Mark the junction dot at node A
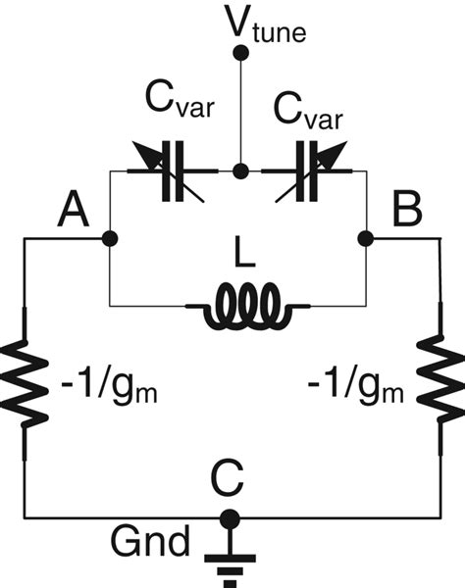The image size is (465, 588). click(109, 238)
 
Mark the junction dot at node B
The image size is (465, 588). click(365, 238)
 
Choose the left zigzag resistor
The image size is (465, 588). click(26, 385)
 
